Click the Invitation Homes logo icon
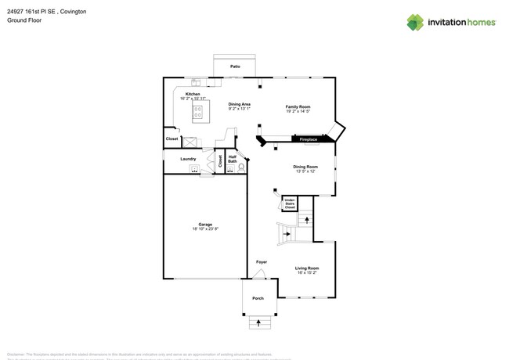(x=415, y=22)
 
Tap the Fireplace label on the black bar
(x=309, y=139)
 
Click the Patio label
(x=235, y=67)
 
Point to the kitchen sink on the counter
(x=196, y=82)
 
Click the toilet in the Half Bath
(x=240, y=167)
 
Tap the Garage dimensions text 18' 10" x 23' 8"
(x=205, y=229)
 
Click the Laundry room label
(x=188, y=159)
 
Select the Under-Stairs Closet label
(x=290, y=204)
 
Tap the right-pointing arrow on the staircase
(x=287, y=233)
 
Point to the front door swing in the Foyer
(x=259, y=273)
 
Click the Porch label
(x=258, y=298)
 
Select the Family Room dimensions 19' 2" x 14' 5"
(x=298, y=111)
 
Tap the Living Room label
(x=306, y=268)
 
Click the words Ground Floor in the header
(x=24, y=20)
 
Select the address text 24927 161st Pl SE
(x=35, y=12)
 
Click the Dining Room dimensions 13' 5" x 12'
(x=305, y=171)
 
